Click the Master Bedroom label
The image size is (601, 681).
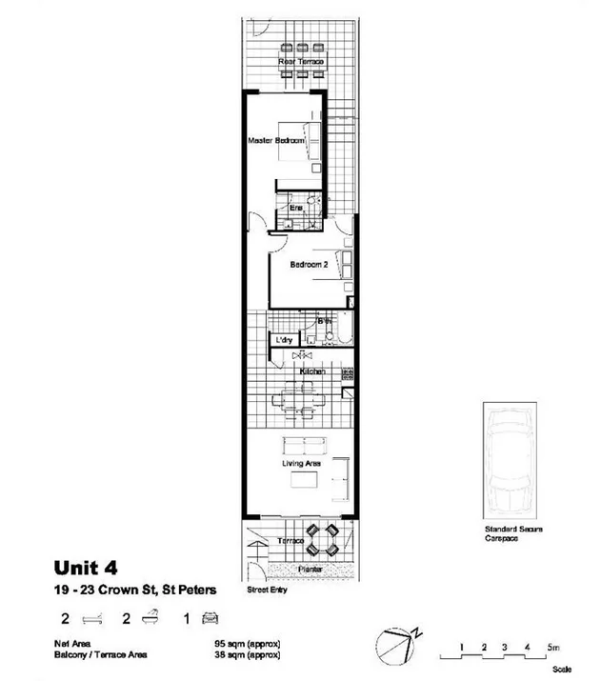pyautogui.click(x=276, y=141)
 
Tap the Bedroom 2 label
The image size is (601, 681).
pyautogui.click(x=310, y=265)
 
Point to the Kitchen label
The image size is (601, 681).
pyautogui.click(x=313, y=371)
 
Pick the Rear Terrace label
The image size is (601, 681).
pyautogui.click(x=300, y=63)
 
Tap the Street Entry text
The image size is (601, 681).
pyautogui.click(x=268, y=590)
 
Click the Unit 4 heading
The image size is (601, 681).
pyautogui.click(x=86, y=569)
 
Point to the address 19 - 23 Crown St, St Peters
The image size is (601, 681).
pyautogui.click(x=134, y=591)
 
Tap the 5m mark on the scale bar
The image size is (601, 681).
pyautogui.click(x=551, y=648)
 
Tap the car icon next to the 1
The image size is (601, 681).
pyautogui.click(x=211, y=618)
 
